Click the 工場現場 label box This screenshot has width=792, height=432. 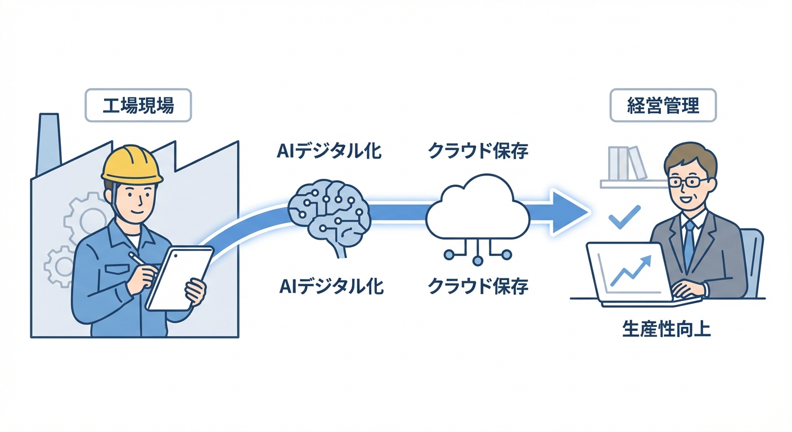pos(138,106)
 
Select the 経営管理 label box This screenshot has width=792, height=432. pos(663,106)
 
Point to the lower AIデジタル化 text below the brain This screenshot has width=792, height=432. pos(331,286)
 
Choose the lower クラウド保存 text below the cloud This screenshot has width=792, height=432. pos(478,286)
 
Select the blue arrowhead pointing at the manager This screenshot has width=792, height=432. pos(568,212)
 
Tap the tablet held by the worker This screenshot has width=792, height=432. pos(179,278)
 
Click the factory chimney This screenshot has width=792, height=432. pos(49,143)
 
